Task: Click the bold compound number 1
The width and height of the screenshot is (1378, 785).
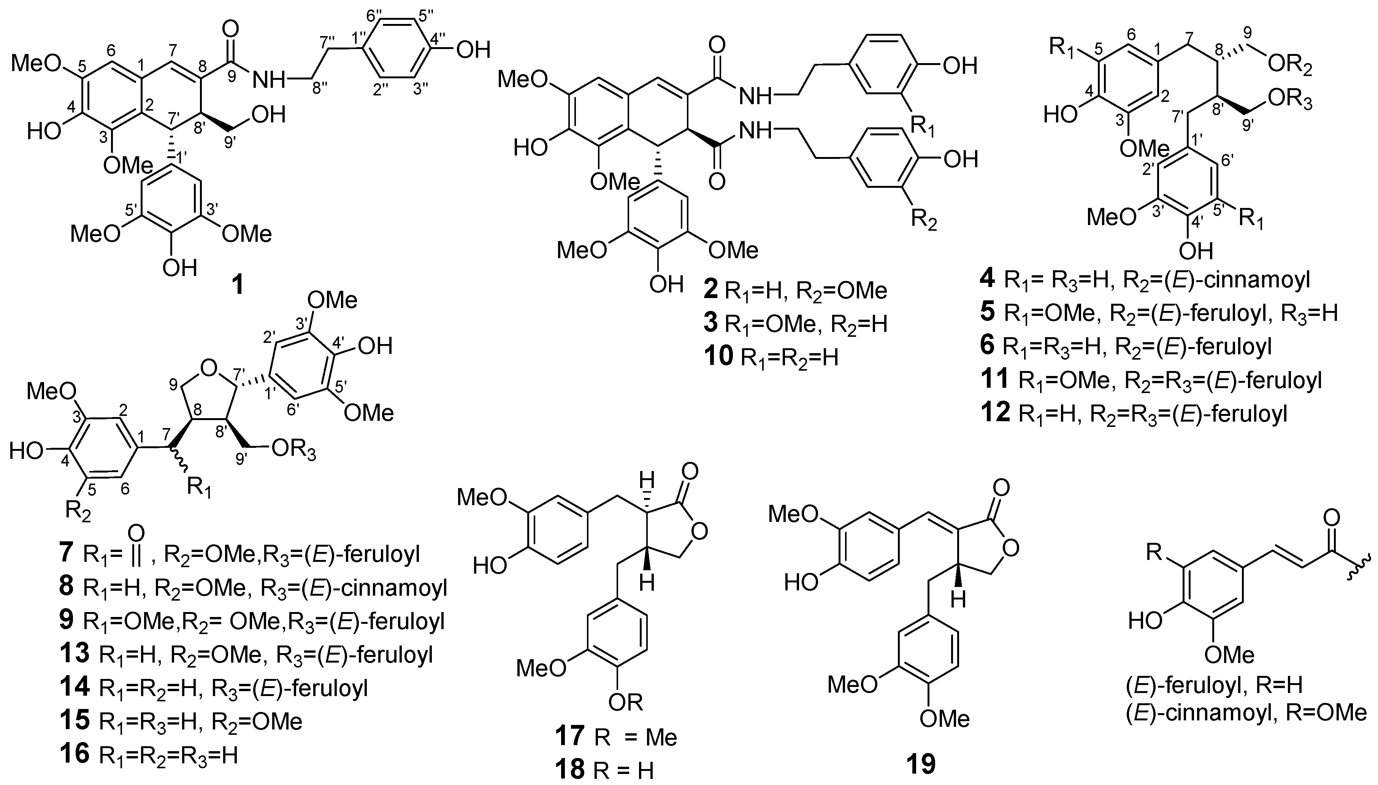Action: click(x=238, y=285)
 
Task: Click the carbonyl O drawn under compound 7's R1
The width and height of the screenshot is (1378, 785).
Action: click(x=136, y=533)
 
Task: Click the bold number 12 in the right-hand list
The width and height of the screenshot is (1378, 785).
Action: click(x=995, y=413)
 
